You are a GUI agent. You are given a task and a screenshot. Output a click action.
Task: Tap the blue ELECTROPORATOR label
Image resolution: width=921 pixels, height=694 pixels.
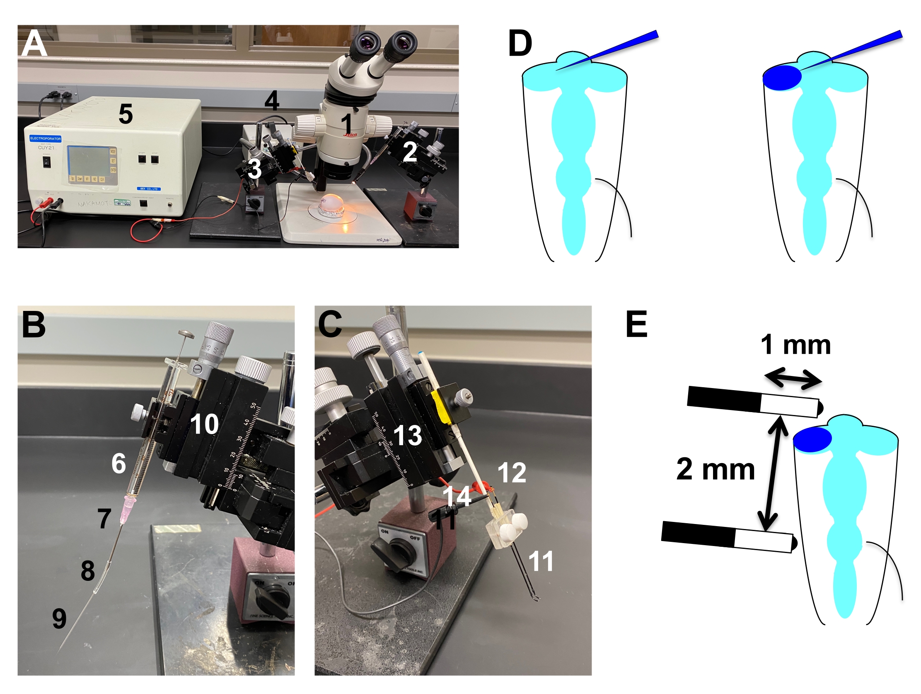(x=46, y=138)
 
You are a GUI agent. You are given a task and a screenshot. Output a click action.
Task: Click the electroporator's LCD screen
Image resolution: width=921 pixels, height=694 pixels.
(x=88, y=161)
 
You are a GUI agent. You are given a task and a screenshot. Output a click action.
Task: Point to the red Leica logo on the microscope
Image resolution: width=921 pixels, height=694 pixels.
(x=350, y=134)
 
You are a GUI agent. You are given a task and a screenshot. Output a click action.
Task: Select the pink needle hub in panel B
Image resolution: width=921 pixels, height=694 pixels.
(x=128, y=511)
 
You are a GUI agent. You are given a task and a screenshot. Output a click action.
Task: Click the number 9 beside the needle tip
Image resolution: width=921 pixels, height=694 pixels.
(x=59, y=619)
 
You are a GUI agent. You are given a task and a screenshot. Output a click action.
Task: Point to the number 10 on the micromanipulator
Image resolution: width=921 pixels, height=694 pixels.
(x=204, y=424)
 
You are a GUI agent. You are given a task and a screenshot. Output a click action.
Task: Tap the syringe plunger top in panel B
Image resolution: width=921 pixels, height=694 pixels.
(x=186, y=334)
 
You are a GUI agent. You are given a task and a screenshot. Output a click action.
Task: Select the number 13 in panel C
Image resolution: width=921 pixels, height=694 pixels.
(x=407, y=435)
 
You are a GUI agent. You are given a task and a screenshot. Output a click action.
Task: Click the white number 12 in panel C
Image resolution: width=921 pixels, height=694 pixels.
(x=512, y=472)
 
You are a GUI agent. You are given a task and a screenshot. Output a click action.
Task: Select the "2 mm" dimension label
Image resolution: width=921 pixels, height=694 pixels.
(x=716, y=469)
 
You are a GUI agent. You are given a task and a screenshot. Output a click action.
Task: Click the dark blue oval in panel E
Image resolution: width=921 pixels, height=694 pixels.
(x=812, y=439)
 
